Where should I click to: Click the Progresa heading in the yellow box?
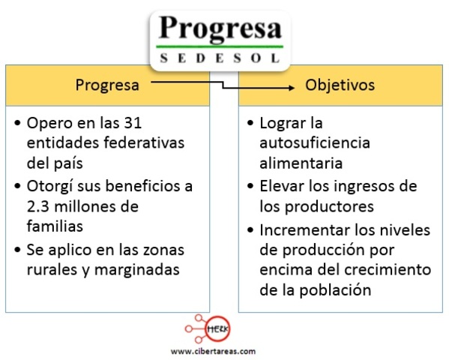(x=107, y=85)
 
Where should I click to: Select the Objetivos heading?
(x=340, y=85)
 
